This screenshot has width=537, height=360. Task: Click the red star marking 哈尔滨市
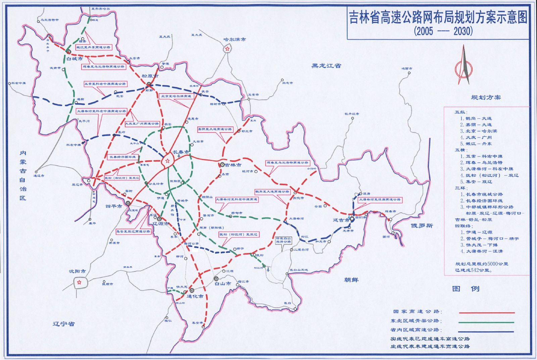[x=228, y=49]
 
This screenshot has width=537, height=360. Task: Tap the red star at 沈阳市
[x=79, y=282]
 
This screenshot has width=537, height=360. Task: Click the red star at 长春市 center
[x=167, y=161]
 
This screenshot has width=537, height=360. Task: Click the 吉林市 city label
[x=233, y=165]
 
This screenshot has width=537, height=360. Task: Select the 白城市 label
[x=75, y=59]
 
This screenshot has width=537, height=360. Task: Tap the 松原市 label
[x=150, y=76]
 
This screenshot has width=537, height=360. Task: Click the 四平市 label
[x=114, y=206]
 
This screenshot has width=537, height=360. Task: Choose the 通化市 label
[x=195, y=297]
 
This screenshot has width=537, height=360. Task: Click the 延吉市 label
[x=341, y=220]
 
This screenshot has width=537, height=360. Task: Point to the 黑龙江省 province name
[x=326, y=66]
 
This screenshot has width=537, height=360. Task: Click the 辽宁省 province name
[x=63, y=324]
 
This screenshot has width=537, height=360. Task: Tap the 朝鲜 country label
[x=351, y=280]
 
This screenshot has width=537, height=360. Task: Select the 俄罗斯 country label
[x=422, y=225]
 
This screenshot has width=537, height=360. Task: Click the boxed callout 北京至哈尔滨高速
[x=176, y=96]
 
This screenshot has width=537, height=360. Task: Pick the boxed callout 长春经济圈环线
[x=123, y=157]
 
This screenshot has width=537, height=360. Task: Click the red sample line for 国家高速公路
[x=486, y=313]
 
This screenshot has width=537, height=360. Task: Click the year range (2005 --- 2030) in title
[x=443, y=31]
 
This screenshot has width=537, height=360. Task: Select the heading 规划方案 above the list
[x=486, y=97]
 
